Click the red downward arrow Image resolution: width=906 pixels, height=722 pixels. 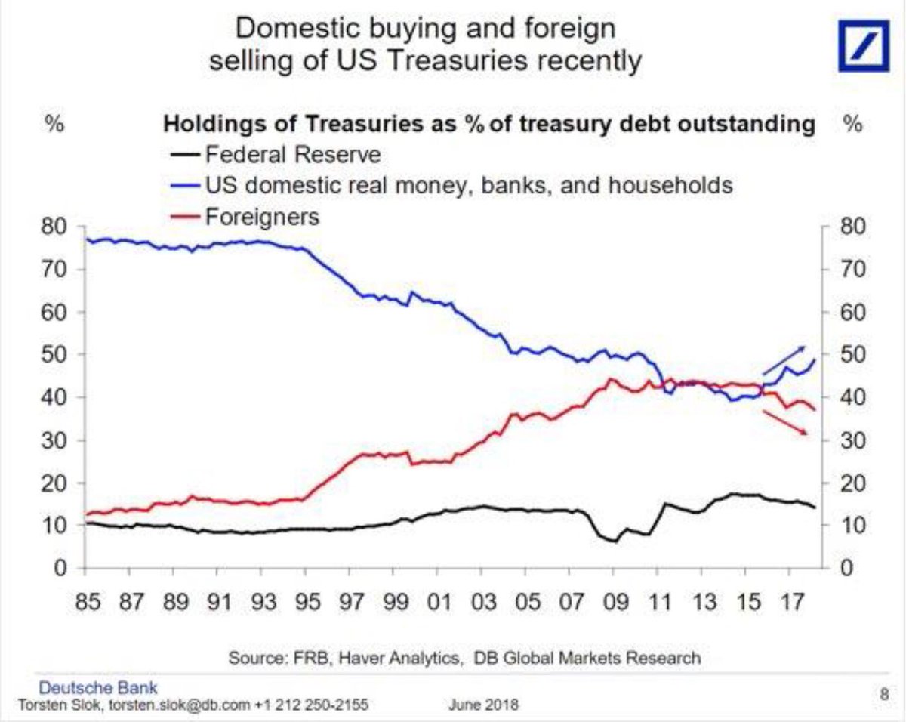click(786, 422)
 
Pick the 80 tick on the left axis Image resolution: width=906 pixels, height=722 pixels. click(60, 227)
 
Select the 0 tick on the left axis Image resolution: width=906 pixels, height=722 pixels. click(66, 568)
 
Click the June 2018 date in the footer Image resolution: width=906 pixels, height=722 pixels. click(482, 705)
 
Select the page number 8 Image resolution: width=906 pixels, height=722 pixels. click(883, 693)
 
